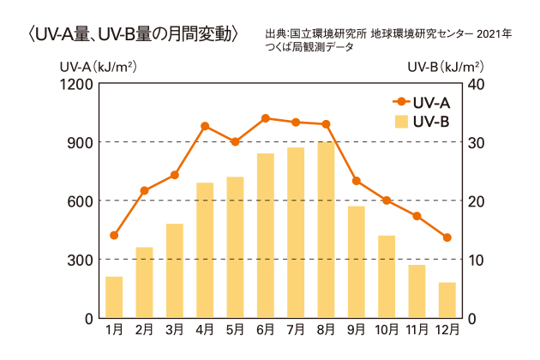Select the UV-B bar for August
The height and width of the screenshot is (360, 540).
click(326, 230)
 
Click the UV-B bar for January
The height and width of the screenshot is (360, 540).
click(114, 297)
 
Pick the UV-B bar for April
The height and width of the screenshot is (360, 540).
click(205, 250)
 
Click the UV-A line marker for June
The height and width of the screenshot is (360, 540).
click(266, 117)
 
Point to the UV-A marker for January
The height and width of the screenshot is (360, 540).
click(114, 235)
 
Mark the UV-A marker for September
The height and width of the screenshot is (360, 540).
click(357, 181)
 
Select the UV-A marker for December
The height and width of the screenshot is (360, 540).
click(447, 237)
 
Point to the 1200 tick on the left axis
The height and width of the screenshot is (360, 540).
click(77, 83)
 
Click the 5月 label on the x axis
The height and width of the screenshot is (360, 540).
click(235, 328)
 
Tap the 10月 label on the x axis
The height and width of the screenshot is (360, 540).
click(387, 328)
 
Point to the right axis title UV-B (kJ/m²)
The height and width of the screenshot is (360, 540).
click(445, 66)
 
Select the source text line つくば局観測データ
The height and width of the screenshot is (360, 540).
click(309, 48)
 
